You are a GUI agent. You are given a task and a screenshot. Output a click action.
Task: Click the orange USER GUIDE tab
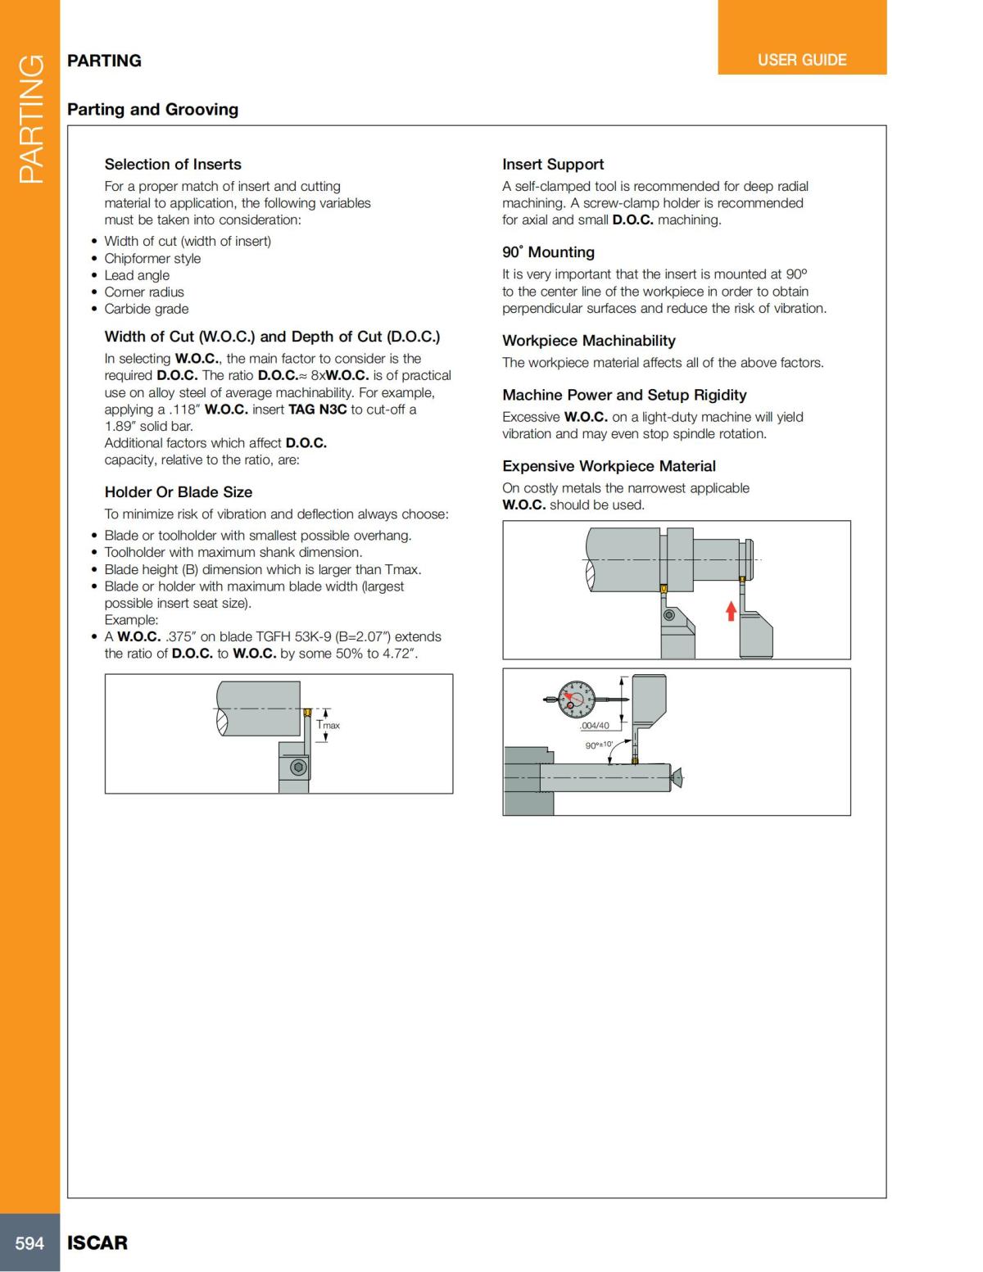click(x=801, y=60)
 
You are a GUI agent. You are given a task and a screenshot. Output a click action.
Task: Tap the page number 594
click(x=29, y=1243)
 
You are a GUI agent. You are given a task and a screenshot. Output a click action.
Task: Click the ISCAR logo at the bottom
click(x=97, y=1243)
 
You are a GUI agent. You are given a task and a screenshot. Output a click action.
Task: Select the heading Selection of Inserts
click(x=173, y=164)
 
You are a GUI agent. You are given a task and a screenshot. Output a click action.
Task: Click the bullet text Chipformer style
click(x=152, y=258)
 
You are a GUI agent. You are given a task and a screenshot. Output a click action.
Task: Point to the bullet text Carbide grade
click(x=147, y=309)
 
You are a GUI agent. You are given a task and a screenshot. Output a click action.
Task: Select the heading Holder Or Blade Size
click(x=179, y=491)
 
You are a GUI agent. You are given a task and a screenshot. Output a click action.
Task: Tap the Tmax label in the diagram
click(x=328, y=725)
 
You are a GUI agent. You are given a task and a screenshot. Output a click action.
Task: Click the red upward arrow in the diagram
click(x=732, y=610)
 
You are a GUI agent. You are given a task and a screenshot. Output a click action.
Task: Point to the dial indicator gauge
click(x=576, y=699)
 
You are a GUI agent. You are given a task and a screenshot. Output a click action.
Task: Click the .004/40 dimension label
click(x=595, y=726)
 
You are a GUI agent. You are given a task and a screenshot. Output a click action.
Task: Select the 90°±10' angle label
click(x=599, y=745)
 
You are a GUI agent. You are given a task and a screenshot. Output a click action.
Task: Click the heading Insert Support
click(x=553, y=164)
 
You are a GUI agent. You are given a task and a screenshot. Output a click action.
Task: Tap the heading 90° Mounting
click(x=548, y=252)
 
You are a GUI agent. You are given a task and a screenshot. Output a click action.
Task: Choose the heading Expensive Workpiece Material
click(x=609, y=465)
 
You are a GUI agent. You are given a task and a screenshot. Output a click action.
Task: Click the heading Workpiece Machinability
click(x=589, y=340)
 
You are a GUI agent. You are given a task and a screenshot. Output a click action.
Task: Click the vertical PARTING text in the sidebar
click(x=30, y=119)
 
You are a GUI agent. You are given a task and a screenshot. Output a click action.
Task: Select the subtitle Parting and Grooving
click(x=152, y=109)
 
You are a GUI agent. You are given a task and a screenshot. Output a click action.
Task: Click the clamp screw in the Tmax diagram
click(x=299, y=767)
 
